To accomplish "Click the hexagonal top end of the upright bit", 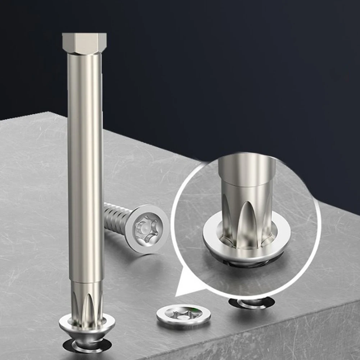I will pos(84,42).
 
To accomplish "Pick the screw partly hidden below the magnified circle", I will pos(252,303).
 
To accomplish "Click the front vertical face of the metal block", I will pos(270,338).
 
